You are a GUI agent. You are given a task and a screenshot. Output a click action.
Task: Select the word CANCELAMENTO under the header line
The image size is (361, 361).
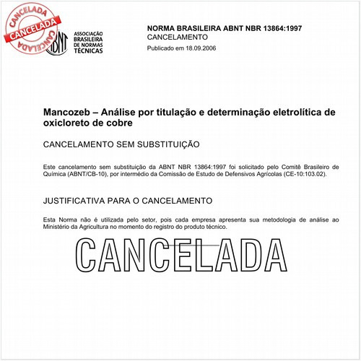178,37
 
